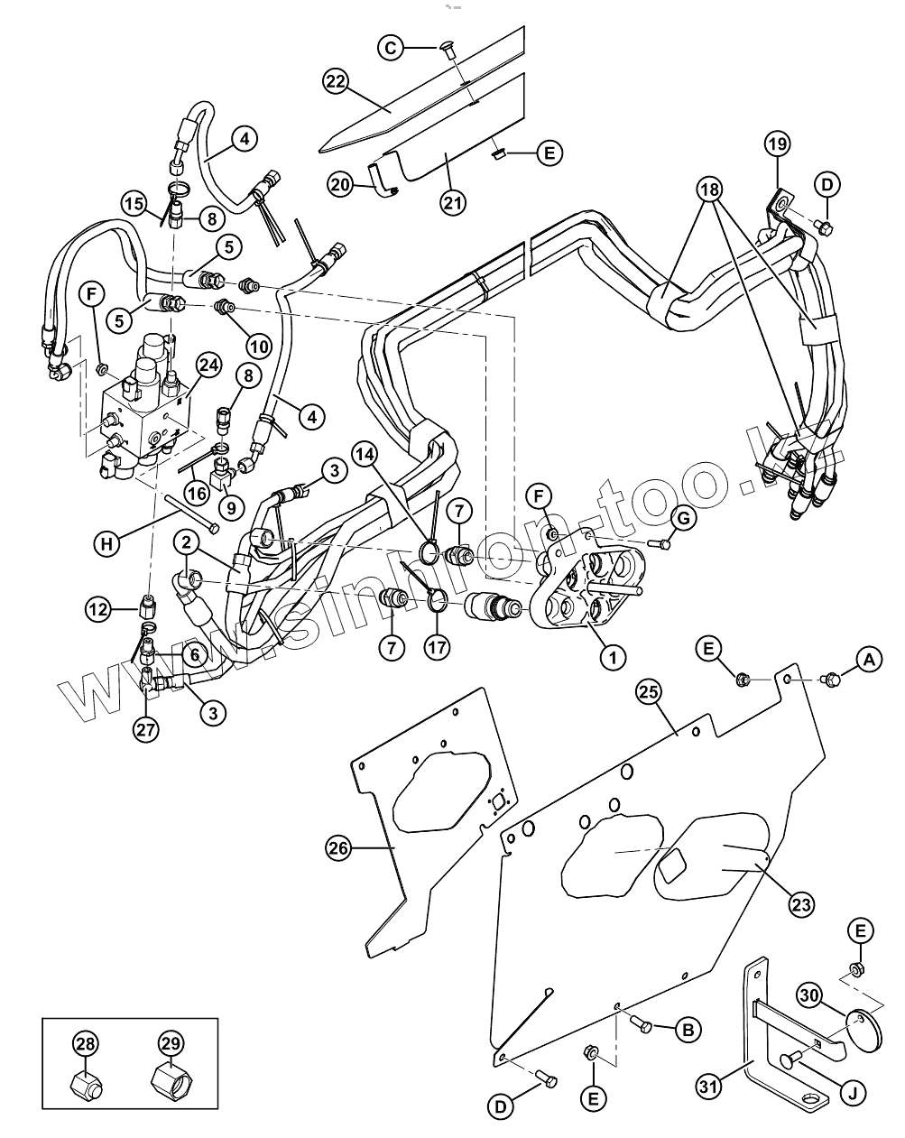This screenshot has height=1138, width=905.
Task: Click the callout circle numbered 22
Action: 336,81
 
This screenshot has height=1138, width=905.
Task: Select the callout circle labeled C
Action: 390,48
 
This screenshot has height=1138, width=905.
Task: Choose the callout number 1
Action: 613,657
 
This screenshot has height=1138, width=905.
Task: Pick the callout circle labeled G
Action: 682,519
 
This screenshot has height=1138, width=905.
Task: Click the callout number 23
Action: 801,903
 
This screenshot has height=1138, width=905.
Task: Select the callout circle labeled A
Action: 869,661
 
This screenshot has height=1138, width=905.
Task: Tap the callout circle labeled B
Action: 688,1029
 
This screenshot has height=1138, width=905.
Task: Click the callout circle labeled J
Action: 852,1093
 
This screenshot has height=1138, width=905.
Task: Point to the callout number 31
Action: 710,1087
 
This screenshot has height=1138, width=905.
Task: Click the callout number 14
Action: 365,453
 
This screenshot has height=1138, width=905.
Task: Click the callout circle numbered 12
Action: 99,609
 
